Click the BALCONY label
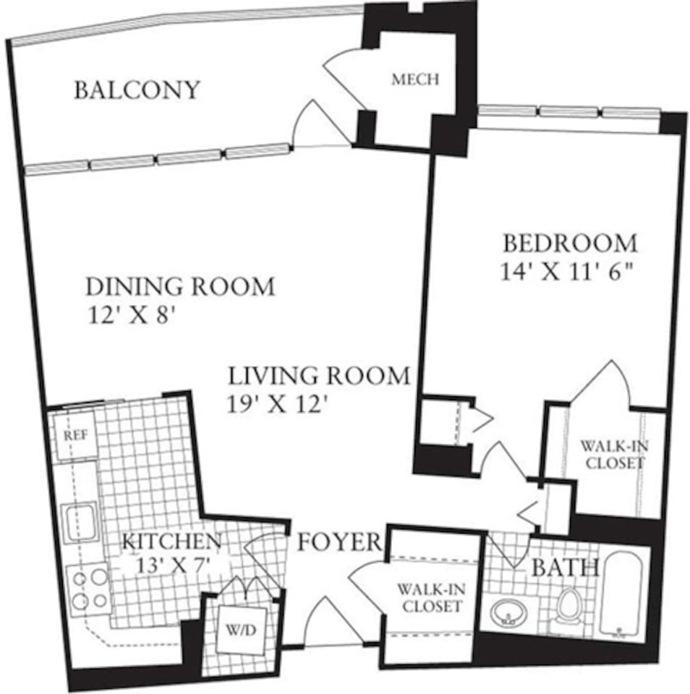coord(137,90)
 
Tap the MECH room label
coord(414,80)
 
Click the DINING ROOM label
coord(180,286)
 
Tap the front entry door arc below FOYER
coord(330,622)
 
